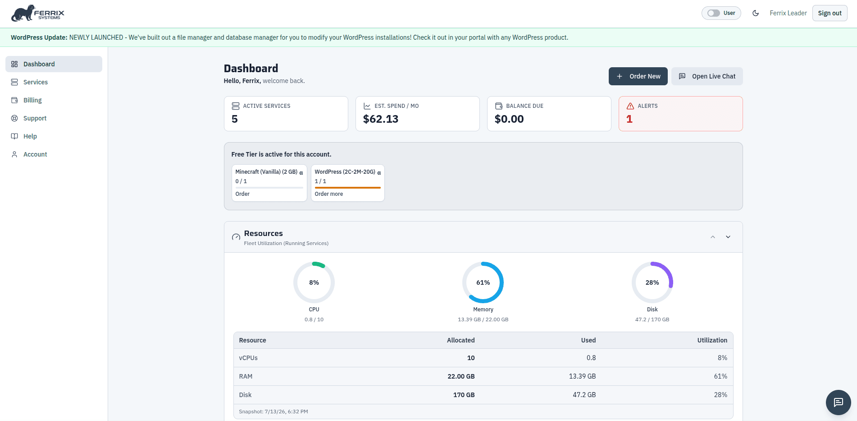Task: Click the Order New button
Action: point(638,76)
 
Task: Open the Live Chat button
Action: point(707,76)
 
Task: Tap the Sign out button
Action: point(830,13)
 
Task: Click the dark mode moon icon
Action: point(756,13)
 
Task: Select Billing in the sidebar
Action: point(32,100)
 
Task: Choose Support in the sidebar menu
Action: point(35,118)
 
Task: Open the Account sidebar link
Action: point(35,154)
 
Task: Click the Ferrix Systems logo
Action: point(38,14)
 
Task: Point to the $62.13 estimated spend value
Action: point(381,119)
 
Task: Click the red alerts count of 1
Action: point(629,119)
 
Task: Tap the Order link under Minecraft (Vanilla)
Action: point(242,194)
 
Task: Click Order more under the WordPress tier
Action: point(329,194)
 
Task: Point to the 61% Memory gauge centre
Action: point(483,282)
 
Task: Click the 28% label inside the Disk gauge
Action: point(652,282)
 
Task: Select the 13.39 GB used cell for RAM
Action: point(582,376)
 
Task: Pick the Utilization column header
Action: point(712,340)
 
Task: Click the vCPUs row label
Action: point(248,358)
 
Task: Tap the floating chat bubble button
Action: point(838,402)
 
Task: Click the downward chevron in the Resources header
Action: point(728,237)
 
